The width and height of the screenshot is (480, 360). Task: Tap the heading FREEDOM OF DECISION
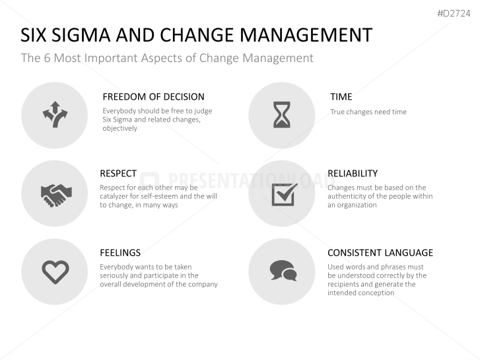[153, 96]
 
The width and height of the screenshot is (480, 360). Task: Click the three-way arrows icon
[55, 115]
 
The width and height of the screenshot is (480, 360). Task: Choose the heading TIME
[341, 96]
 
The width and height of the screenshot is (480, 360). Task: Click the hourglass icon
[282, 115]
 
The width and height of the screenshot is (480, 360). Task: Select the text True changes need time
[368, 112]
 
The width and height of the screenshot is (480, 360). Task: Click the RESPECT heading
[118, 174]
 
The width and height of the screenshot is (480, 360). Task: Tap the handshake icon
[55, 193]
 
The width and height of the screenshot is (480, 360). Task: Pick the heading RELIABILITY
[353, 174]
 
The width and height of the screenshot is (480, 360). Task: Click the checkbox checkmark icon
[283, 193]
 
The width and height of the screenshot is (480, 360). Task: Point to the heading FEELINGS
[120, 252]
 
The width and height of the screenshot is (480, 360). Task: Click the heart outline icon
[55, 271]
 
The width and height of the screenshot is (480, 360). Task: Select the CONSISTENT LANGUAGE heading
[380, 252]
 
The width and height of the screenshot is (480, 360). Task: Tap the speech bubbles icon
[282, 270]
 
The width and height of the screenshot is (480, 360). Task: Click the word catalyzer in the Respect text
[116, 196]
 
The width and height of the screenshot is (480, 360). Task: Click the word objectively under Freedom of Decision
[120, 128]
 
